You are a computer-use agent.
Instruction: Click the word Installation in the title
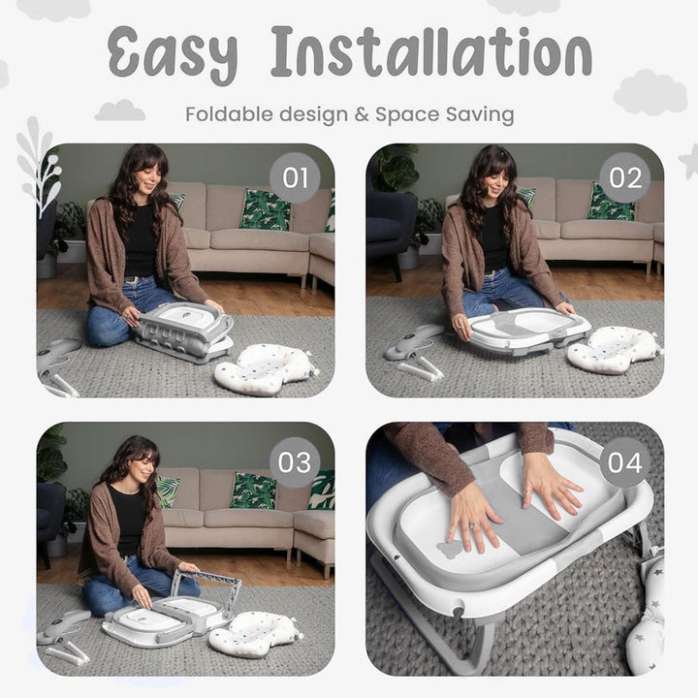click(x=431, y=51)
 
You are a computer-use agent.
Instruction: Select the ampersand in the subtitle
click(x=362, y=114)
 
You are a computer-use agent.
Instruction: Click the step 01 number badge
click(x=295, y=178)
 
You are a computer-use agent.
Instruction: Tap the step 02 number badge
click(x=625, y=178)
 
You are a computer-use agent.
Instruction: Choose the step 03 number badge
click(x=295, y=462)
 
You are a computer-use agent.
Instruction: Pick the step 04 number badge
click(x=625, y=462)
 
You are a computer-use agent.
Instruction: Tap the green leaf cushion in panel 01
click(x=265, y=209)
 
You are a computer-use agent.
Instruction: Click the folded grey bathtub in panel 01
click(x=184, y=331)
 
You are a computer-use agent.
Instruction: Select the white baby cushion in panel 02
click(x=615, y=349)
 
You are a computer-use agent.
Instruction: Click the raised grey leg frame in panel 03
click(x=207, y=587)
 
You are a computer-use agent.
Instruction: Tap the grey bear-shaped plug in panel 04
click(x=451, y=550)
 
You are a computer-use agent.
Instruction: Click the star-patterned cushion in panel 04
click(x=646, y=616)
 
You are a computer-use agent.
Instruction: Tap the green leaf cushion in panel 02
click(x=610, y=202)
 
